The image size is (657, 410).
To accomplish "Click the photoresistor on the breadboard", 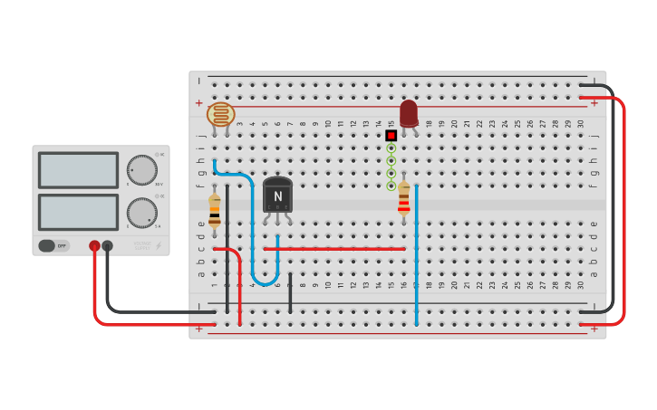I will tap(221, 114).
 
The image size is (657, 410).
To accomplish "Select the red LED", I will tap(409, 112).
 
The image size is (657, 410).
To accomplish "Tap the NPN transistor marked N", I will tap(277, 195).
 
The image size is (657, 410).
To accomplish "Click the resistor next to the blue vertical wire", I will tap(403, 200).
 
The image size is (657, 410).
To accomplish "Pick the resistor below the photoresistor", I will tap(214, 210).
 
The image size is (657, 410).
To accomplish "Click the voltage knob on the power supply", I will tap(141, 169).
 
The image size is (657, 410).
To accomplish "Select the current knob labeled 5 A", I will tap(141, 213).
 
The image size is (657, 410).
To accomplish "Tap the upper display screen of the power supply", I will tap(78, 170).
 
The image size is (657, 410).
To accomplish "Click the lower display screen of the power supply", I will tap(78, 212).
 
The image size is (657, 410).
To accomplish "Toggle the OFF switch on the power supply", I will tap(54, 245).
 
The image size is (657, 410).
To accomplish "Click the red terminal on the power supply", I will tap(94, 245).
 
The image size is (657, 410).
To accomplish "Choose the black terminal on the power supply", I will tap(107, 245).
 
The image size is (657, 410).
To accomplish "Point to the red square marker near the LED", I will tap(391, 136).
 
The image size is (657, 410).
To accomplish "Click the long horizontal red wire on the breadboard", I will tap(334, 248).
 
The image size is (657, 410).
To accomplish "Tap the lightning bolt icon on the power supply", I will tap(159, 245).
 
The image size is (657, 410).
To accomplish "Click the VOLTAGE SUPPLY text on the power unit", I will tap(142, 244).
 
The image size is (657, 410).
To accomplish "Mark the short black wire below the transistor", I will tap(290, 292).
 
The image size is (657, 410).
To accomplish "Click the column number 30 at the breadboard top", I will tap(580, 123).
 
